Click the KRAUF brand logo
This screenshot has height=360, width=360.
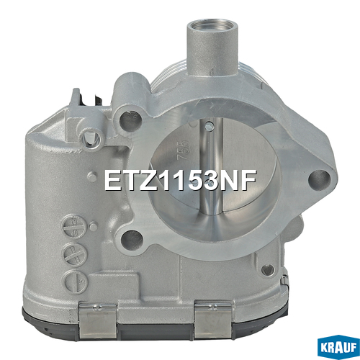tap(338, 347)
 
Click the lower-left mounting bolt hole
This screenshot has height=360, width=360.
tap(132, 239)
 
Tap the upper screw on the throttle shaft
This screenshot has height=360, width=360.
tap(210, 125)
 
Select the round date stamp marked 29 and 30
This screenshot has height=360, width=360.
tap(73, 227)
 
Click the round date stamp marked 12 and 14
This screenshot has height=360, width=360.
tap(74, 254)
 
